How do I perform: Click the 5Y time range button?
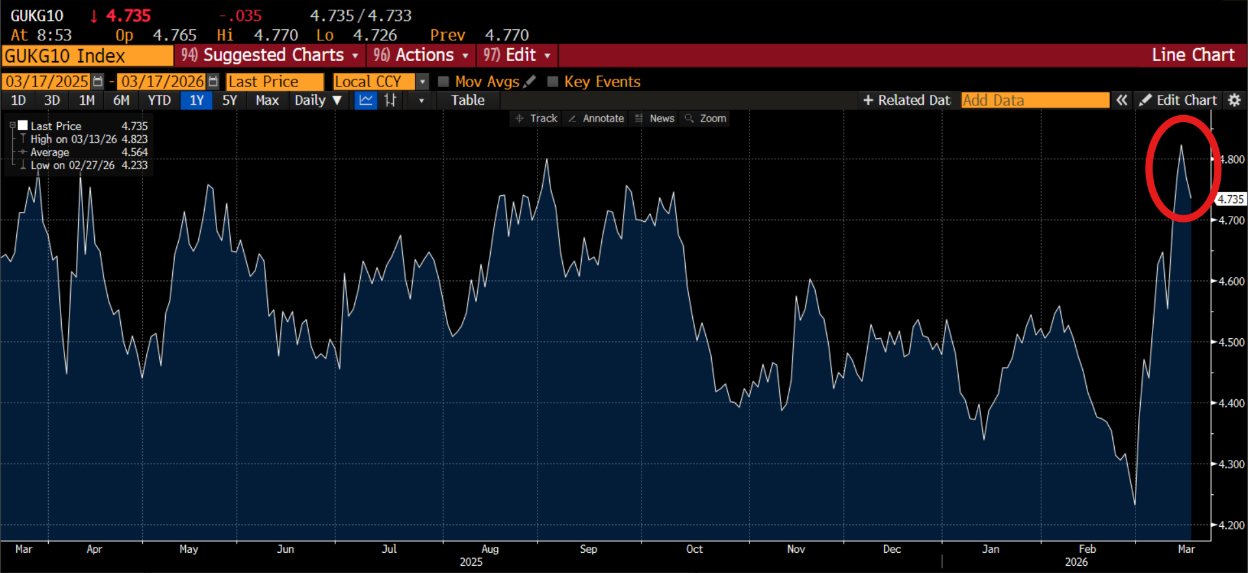(x=229, y=100)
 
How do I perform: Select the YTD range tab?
(x=159, y=100)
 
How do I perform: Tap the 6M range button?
(x=122, y=100)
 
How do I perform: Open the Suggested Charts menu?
(x=270, y=55)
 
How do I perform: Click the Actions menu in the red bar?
(x=421, y=55)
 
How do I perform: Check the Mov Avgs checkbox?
(x=444, y=81)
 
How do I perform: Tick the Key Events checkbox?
(x=553, y=81)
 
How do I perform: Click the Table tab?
(x=468, y=100)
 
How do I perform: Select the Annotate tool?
(x=596, y=118)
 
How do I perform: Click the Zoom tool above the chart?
(x=706, y=118)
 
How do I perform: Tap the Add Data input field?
(x=1035, y=100)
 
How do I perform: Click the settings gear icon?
(x=1234, y=100)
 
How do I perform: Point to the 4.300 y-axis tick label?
(x=1231, y=464)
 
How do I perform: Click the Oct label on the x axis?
(x=694, y=549)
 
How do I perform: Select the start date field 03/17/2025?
(x=47, y=81)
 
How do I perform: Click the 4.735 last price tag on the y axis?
(x=1230, y=199)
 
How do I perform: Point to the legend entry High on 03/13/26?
(x=73, y=139)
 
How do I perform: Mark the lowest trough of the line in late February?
(x=1135, y=504)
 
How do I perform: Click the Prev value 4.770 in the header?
(x=507, y=35)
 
